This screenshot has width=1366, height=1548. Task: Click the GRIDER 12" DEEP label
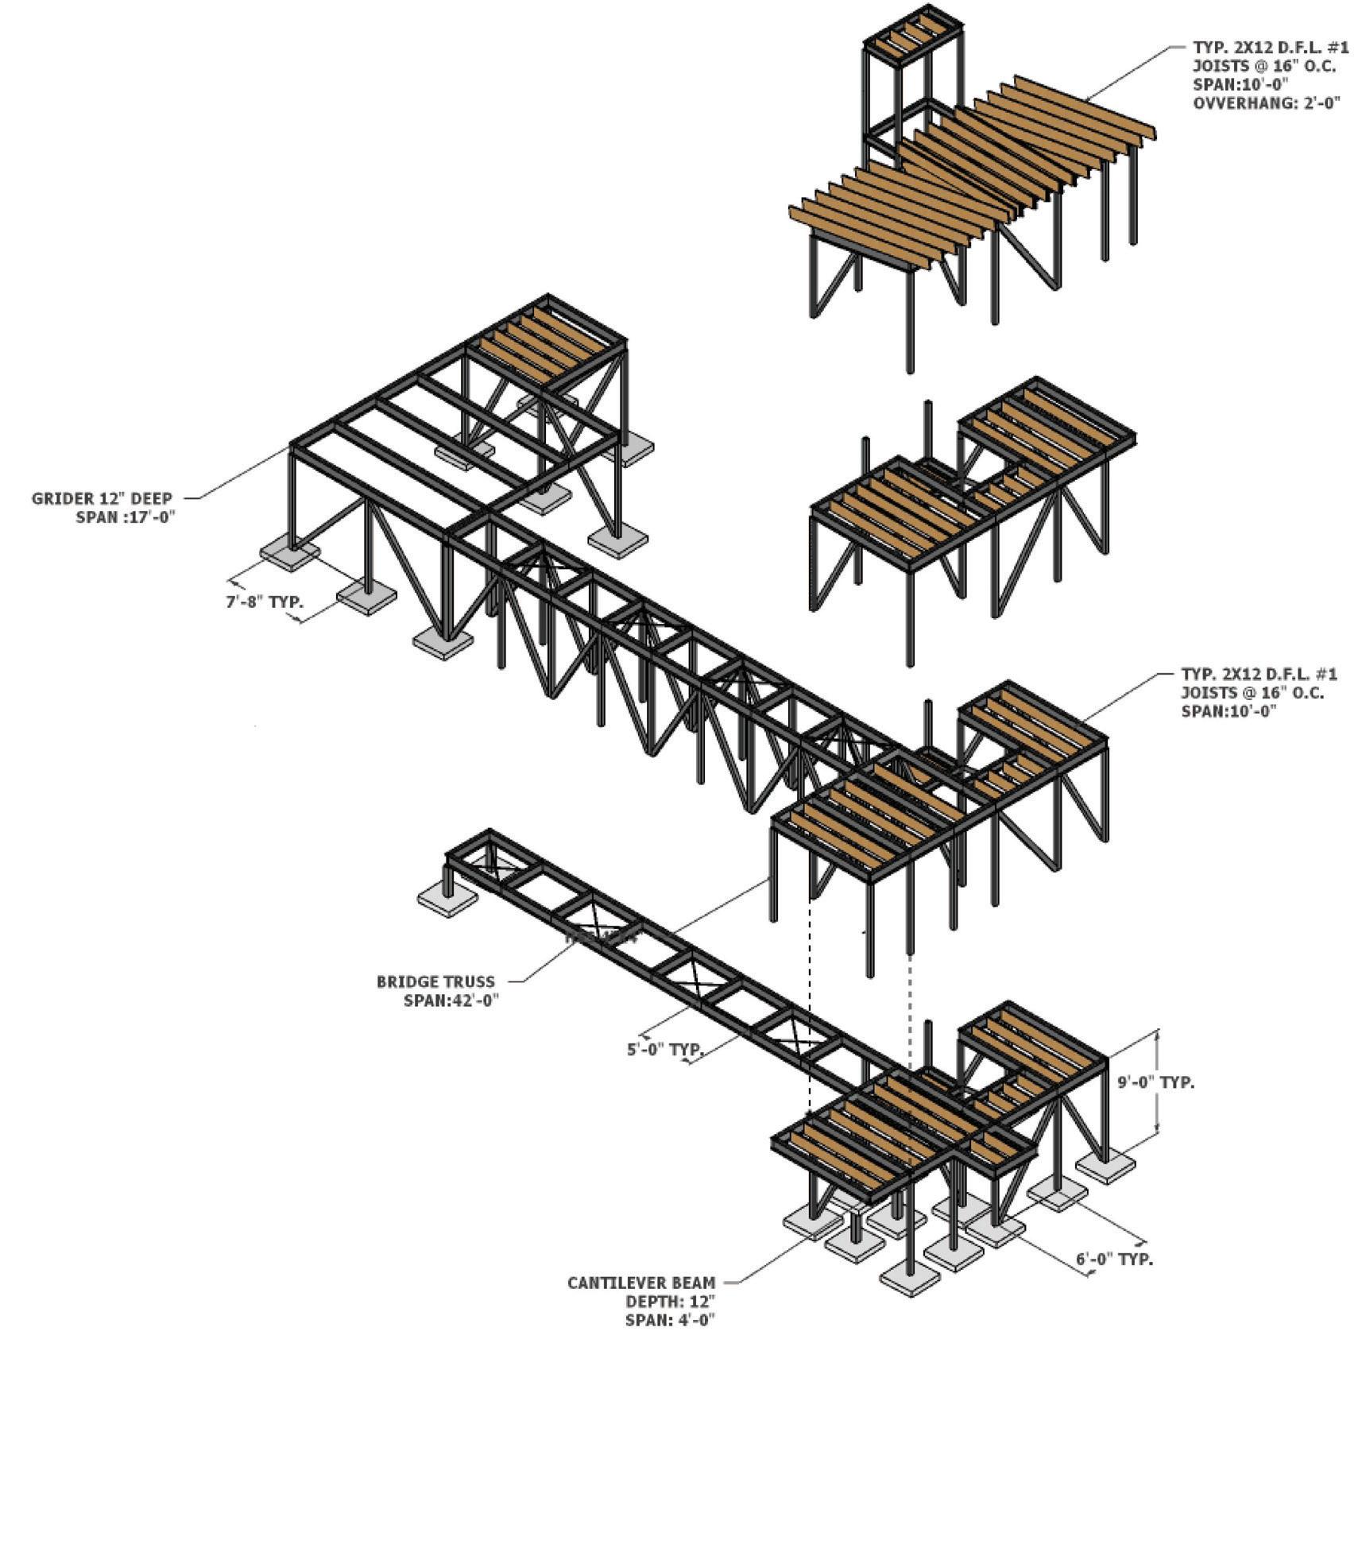click(102, 498)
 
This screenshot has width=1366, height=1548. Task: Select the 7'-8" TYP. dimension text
click(264, 602)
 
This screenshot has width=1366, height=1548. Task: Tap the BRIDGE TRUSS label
click(435, 981)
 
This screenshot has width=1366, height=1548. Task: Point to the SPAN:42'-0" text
click(451, 1000)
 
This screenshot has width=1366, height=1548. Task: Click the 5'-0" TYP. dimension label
click(665, 1049)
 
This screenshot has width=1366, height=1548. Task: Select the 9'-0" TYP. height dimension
click(1156, 1082)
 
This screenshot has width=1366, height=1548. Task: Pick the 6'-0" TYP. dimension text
click(1114, 1260)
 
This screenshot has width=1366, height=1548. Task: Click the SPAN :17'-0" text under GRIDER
click(125, 517)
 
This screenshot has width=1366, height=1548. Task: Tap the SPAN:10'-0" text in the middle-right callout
click(1229, 710)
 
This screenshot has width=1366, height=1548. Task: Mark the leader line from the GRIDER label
click(239, 474)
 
